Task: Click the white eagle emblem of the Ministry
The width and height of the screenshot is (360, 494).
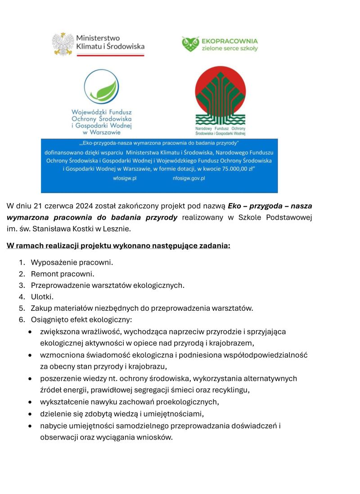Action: click(x=63, y=44)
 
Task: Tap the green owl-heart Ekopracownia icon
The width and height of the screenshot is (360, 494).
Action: click(x=190, y=44)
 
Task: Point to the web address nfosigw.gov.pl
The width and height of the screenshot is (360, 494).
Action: click(x=189, y=178)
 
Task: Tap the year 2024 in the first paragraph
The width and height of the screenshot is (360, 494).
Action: click(x=85, y=206)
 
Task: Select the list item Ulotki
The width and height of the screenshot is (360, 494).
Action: click(x=42, y=297)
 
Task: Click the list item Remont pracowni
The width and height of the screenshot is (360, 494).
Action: click(x=63, y=274)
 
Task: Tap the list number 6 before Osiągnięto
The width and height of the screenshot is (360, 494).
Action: click(x=21, y=320)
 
